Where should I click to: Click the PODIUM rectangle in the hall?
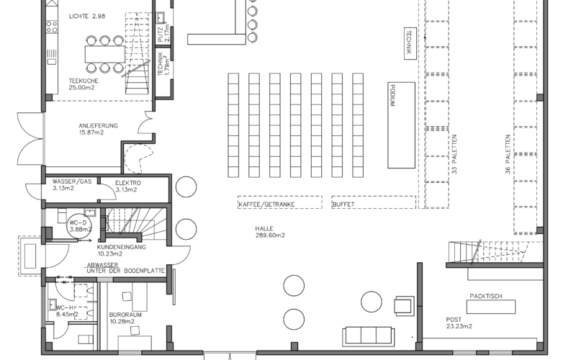click(402, 125)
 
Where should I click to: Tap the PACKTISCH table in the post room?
click(491, 307)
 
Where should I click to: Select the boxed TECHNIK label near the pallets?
click(410, 43)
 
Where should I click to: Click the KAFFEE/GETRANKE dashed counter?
click(280, 202)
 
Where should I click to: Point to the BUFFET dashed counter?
click(374, 202)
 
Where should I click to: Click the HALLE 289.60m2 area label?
click(270, 232)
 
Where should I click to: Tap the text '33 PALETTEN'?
click(454, 154)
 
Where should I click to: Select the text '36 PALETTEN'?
click(508, 154)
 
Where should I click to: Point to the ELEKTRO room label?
click(127, 186)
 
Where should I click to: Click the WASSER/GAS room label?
click(71, 185)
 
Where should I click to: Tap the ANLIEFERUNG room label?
click(98, 129)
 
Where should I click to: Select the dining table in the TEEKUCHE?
click(105, 54)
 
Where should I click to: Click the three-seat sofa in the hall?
click(369, 336)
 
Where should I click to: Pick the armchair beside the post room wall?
click(405, 305)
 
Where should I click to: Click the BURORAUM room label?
click(125, 318)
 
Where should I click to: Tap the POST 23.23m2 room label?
click(459, 323)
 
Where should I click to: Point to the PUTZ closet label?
click(163, 32)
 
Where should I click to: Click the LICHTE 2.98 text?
click(87, 16)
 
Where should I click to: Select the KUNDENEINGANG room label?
click(121, 250)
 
